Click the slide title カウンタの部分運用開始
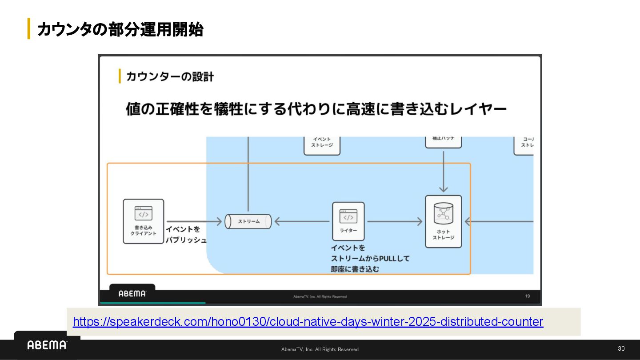pos(120,29)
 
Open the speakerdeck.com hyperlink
pos(308,322)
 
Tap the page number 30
pos(621,348)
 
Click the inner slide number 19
pos(527,296)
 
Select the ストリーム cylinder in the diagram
pos(248,221)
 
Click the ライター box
pos(348,221)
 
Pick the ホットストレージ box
pos(443,221)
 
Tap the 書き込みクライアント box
pos(143,221)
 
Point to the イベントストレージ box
pos(322,145)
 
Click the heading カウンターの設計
pos(170,76)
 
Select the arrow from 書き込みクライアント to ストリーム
pos(194,221)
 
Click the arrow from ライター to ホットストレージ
pos(394,221)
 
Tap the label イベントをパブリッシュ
pos(186,235)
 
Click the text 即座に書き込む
pos(355,269)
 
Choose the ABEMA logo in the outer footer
pos(47,345)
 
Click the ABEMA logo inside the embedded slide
pos(132,293)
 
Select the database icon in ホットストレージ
pos(443,213)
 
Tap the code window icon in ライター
pos(348,216)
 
